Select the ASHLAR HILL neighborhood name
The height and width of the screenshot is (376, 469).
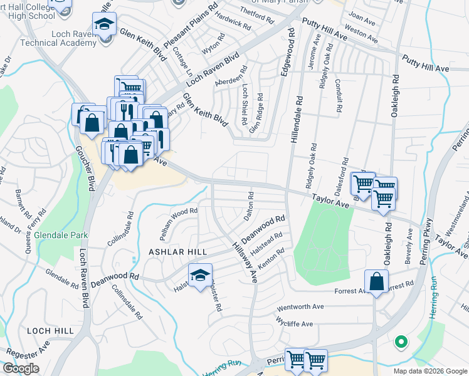[169, 251]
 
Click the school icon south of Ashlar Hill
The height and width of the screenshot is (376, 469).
[200, 276]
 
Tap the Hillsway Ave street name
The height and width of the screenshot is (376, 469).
[246, 262]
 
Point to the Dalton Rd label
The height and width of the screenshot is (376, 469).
[249, 206]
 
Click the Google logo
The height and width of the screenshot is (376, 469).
[20, 368]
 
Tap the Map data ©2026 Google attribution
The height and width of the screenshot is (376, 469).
[429, 371]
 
